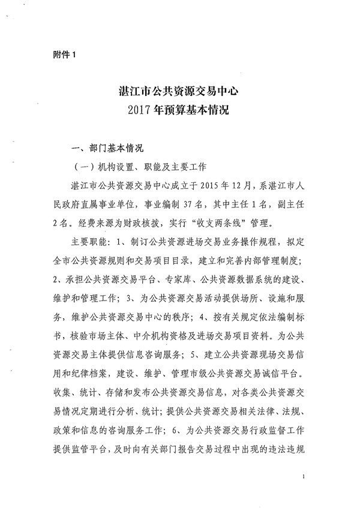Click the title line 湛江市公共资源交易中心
tap(181, 92)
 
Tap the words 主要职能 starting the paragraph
tap(89, 243)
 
